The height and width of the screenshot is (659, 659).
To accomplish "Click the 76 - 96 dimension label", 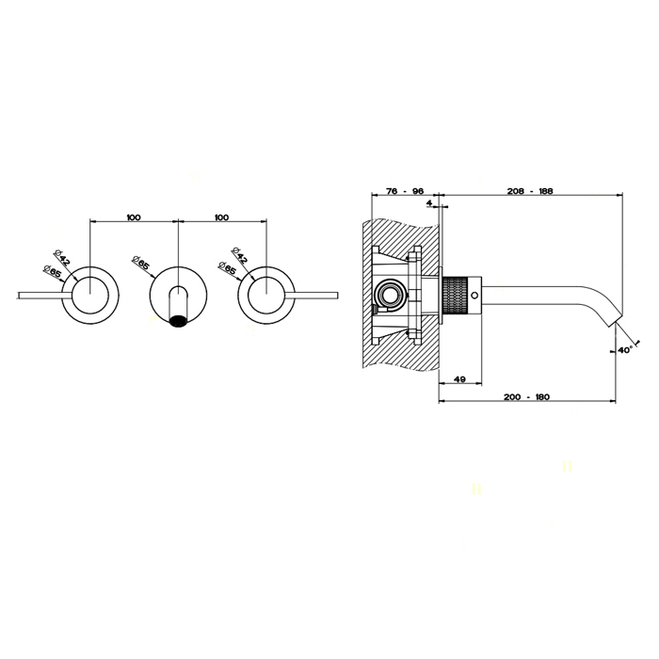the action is (x=404, y=191).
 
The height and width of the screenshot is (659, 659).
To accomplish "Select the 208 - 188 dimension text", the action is (x=529, y=191).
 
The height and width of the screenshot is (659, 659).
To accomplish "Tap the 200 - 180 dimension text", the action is (x=526, y=396).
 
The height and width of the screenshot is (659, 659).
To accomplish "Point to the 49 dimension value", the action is (x=459, y=379).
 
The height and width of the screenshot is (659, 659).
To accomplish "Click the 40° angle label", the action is (x=625, y=349).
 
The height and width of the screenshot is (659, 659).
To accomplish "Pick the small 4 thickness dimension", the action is (x=429, y=203).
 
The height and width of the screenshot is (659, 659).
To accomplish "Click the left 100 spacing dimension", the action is (x=134, y=217).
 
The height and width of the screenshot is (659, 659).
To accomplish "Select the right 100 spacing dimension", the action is (x=221, y=217).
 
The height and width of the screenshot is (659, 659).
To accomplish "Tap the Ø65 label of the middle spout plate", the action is (x=140, y=263).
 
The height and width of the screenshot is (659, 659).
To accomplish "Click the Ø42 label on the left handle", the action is (x=62, y=257).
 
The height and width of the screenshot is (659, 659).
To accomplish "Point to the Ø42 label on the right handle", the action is (x=239, y=255).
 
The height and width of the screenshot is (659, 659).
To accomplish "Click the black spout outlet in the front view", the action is (x=178, y=322).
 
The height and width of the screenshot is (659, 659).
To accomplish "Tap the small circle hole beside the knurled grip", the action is (x=474, y=296).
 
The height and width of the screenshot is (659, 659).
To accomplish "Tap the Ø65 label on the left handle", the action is (x=53, y=272).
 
